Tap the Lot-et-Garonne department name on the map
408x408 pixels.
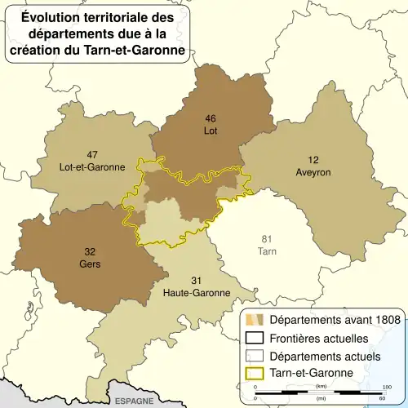pos(92,166)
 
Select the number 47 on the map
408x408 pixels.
pos(92,154)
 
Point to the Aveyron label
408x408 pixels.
pos(313,172)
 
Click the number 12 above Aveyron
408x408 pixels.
pos(313,160)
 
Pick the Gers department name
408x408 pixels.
pos(89,264)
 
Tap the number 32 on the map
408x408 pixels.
pos(89,251)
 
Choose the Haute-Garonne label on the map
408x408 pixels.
pos(197,292)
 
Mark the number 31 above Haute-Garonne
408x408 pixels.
pos(197,280)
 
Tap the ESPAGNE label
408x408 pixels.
pos(132,401)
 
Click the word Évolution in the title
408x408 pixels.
pos(50,16)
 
